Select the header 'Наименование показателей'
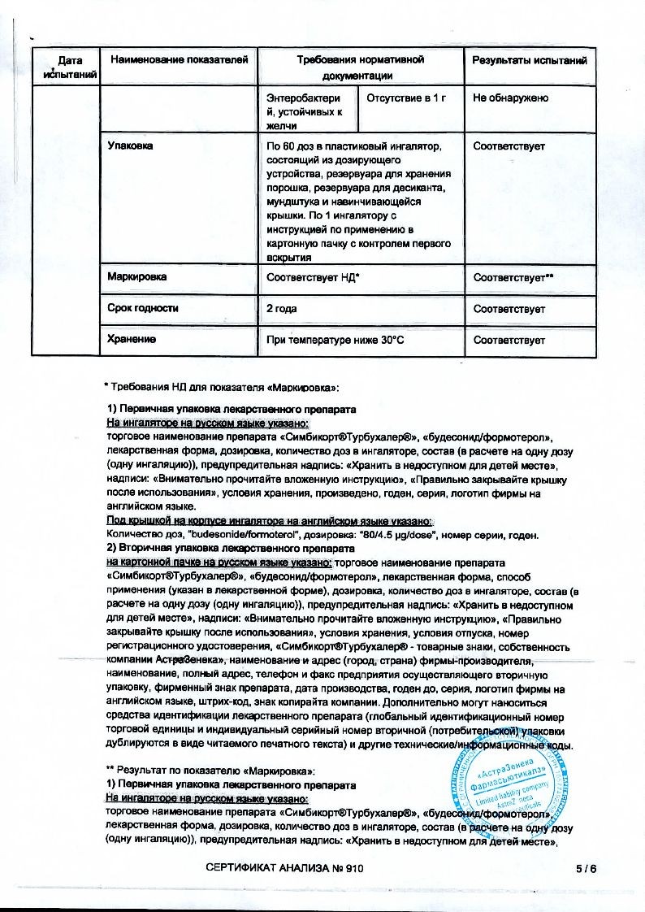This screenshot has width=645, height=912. click(x=178, y=60)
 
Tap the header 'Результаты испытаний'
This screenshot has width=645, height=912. click(x=529, y=60)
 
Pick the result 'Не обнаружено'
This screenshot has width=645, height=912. click(x=510, y=98)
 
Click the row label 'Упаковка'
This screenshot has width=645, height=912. click(x=131, y=146)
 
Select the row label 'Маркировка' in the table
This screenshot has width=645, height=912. click(x=137, y=277)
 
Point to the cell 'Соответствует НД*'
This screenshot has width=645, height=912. click(x=313, y=278)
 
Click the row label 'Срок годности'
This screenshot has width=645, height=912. click(x=143, y=309)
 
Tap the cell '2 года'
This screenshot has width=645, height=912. click(x=282, y=309)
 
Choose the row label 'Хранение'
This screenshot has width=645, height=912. click(x=132, y=340)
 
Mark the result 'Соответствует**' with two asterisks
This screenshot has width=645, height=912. click(x=513, y=278)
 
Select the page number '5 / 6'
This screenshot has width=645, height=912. click(x=584, y=869)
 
